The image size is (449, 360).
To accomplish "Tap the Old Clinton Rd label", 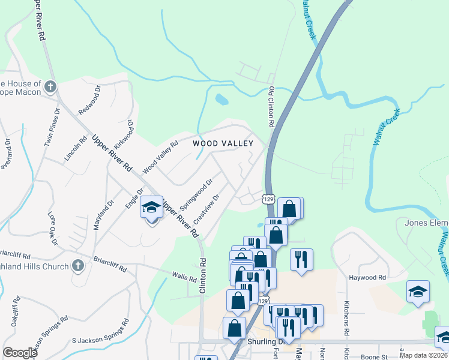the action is tap(271, 106).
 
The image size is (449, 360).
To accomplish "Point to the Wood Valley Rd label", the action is tap(161, 158).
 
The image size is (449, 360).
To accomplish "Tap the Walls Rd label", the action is tap(184, 278).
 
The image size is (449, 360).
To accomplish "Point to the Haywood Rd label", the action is tap(367, 278).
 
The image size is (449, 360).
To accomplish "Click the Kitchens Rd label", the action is tap(347, 319).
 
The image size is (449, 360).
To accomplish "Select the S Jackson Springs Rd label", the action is tap(100, 332).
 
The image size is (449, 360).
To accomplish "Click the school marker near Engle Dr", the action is tap(152, 208).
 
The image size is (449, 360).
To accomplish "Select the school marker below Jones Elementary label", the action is tap(418, 292).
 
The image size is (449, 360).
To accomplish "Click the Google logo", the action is tap(20, 353).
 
